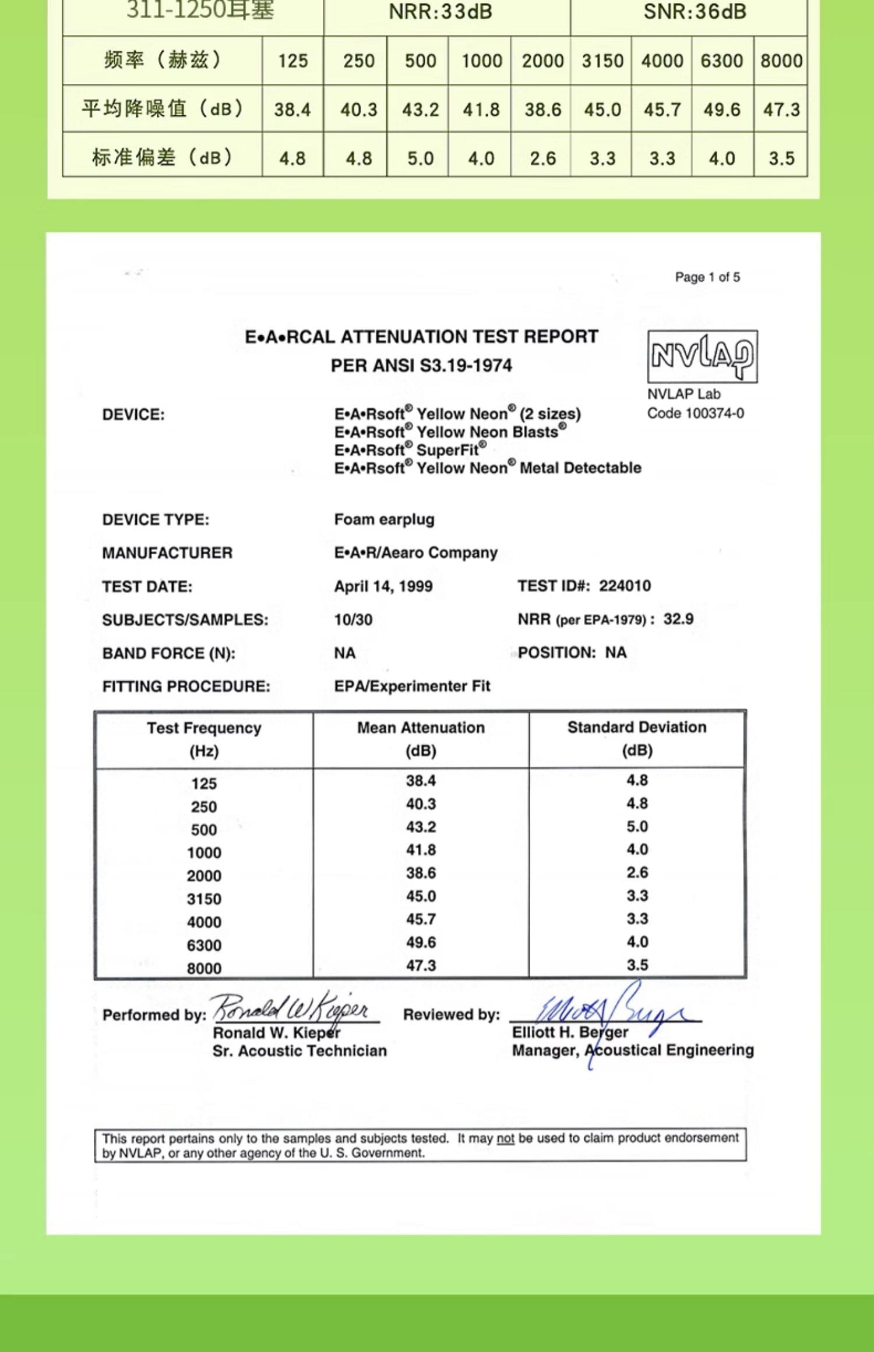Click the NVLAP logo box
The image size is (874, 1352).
702,356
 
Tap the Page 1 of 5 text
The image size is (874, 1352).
707,277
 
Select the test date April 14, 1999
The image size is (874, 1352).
383,586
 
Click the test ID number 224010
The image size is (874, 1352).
625,586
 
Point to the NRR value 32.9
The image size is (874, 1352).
678,619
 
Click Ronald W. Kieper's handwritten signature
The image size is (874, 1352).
291,1008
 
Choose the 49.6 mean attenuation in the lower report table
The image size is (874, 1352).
421,942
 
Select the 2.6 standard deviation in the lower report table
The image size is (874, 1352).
637,872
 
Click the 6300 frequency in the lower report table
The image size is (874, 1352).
204,945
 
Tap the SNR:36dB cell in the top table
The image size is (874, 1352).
694,12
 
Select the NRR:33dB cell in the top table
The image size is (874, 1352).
440,12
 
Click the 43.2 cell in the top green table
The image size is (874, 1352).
420,109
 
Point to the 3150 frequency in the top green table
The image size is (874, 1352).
602,61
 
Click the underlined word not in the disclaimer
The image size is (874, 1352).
505,1138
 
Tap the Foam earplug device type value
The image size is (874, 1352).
384,519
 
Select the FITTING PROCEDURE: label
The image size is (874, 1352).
186,686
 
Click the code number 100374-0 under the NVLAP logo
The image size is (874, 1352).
714,413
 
